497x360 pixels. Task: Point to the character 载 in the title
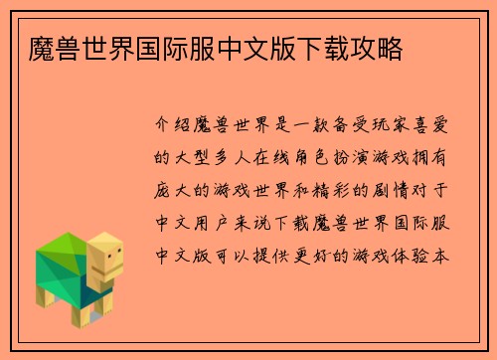tap(334, 46)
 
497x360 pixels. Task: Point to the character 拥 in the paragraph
tap(424, 156)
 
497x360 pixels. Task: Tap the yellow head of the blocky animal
tap(104, 257)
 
